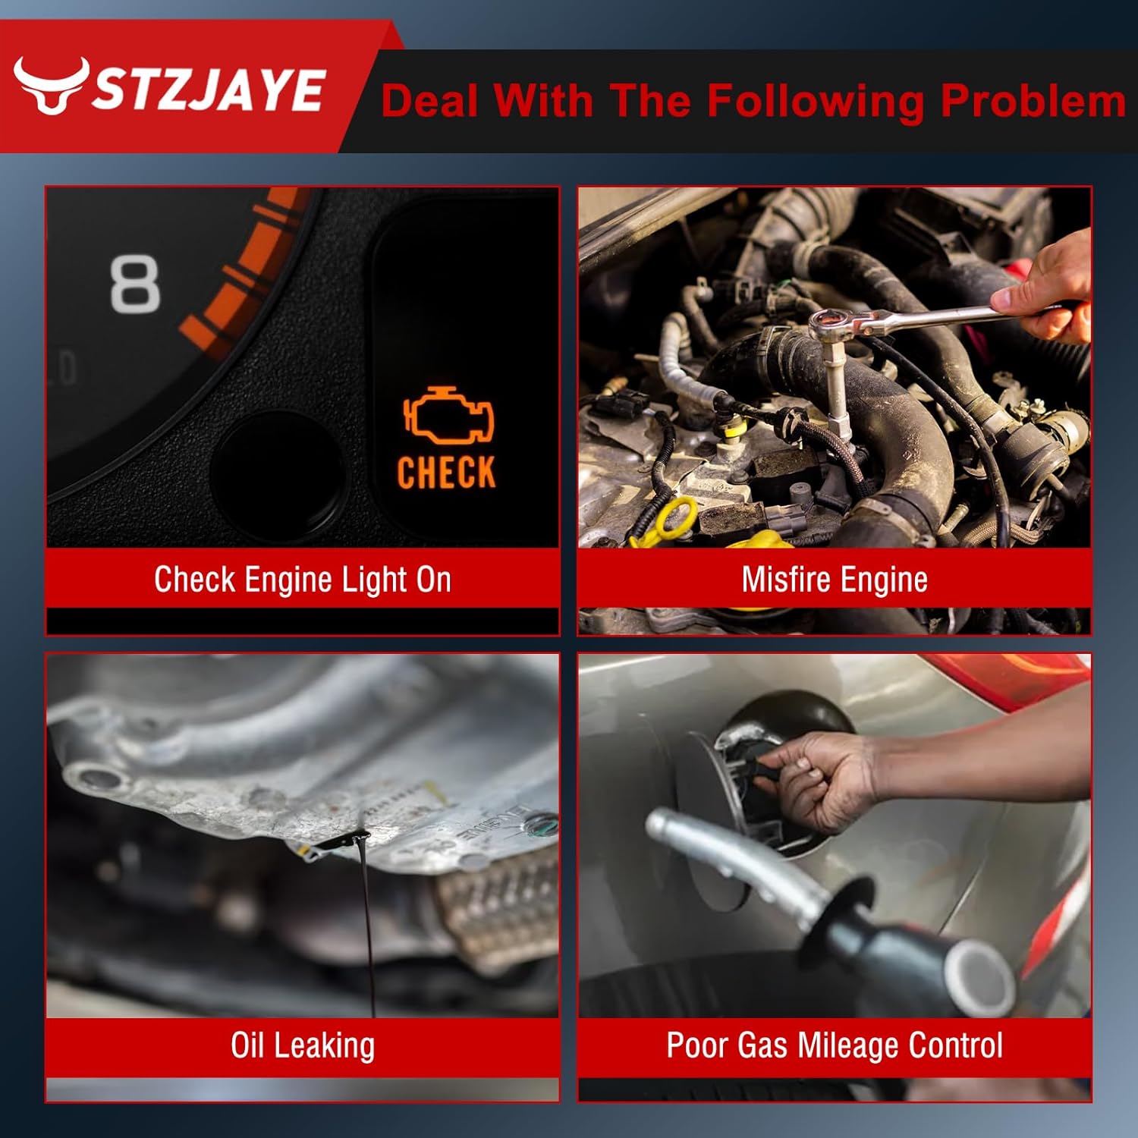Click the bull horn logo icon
tap(52, 86)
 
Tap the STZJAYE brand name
tap(209, 90)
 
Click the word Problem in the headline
tap(1033, 102)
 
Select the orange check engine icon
tap(448, 415)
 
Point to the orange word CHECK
tap(447, 472)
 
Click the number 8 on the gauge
tap(136, 284)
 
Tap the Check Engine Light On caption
tap(303, 580)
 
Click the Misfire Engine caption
tap(835, 580)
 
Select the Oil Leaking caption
tap(303, 1045)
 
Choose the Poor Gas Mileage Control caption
tap(835, 1045)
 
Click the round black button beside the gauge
tap(277, 474)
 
